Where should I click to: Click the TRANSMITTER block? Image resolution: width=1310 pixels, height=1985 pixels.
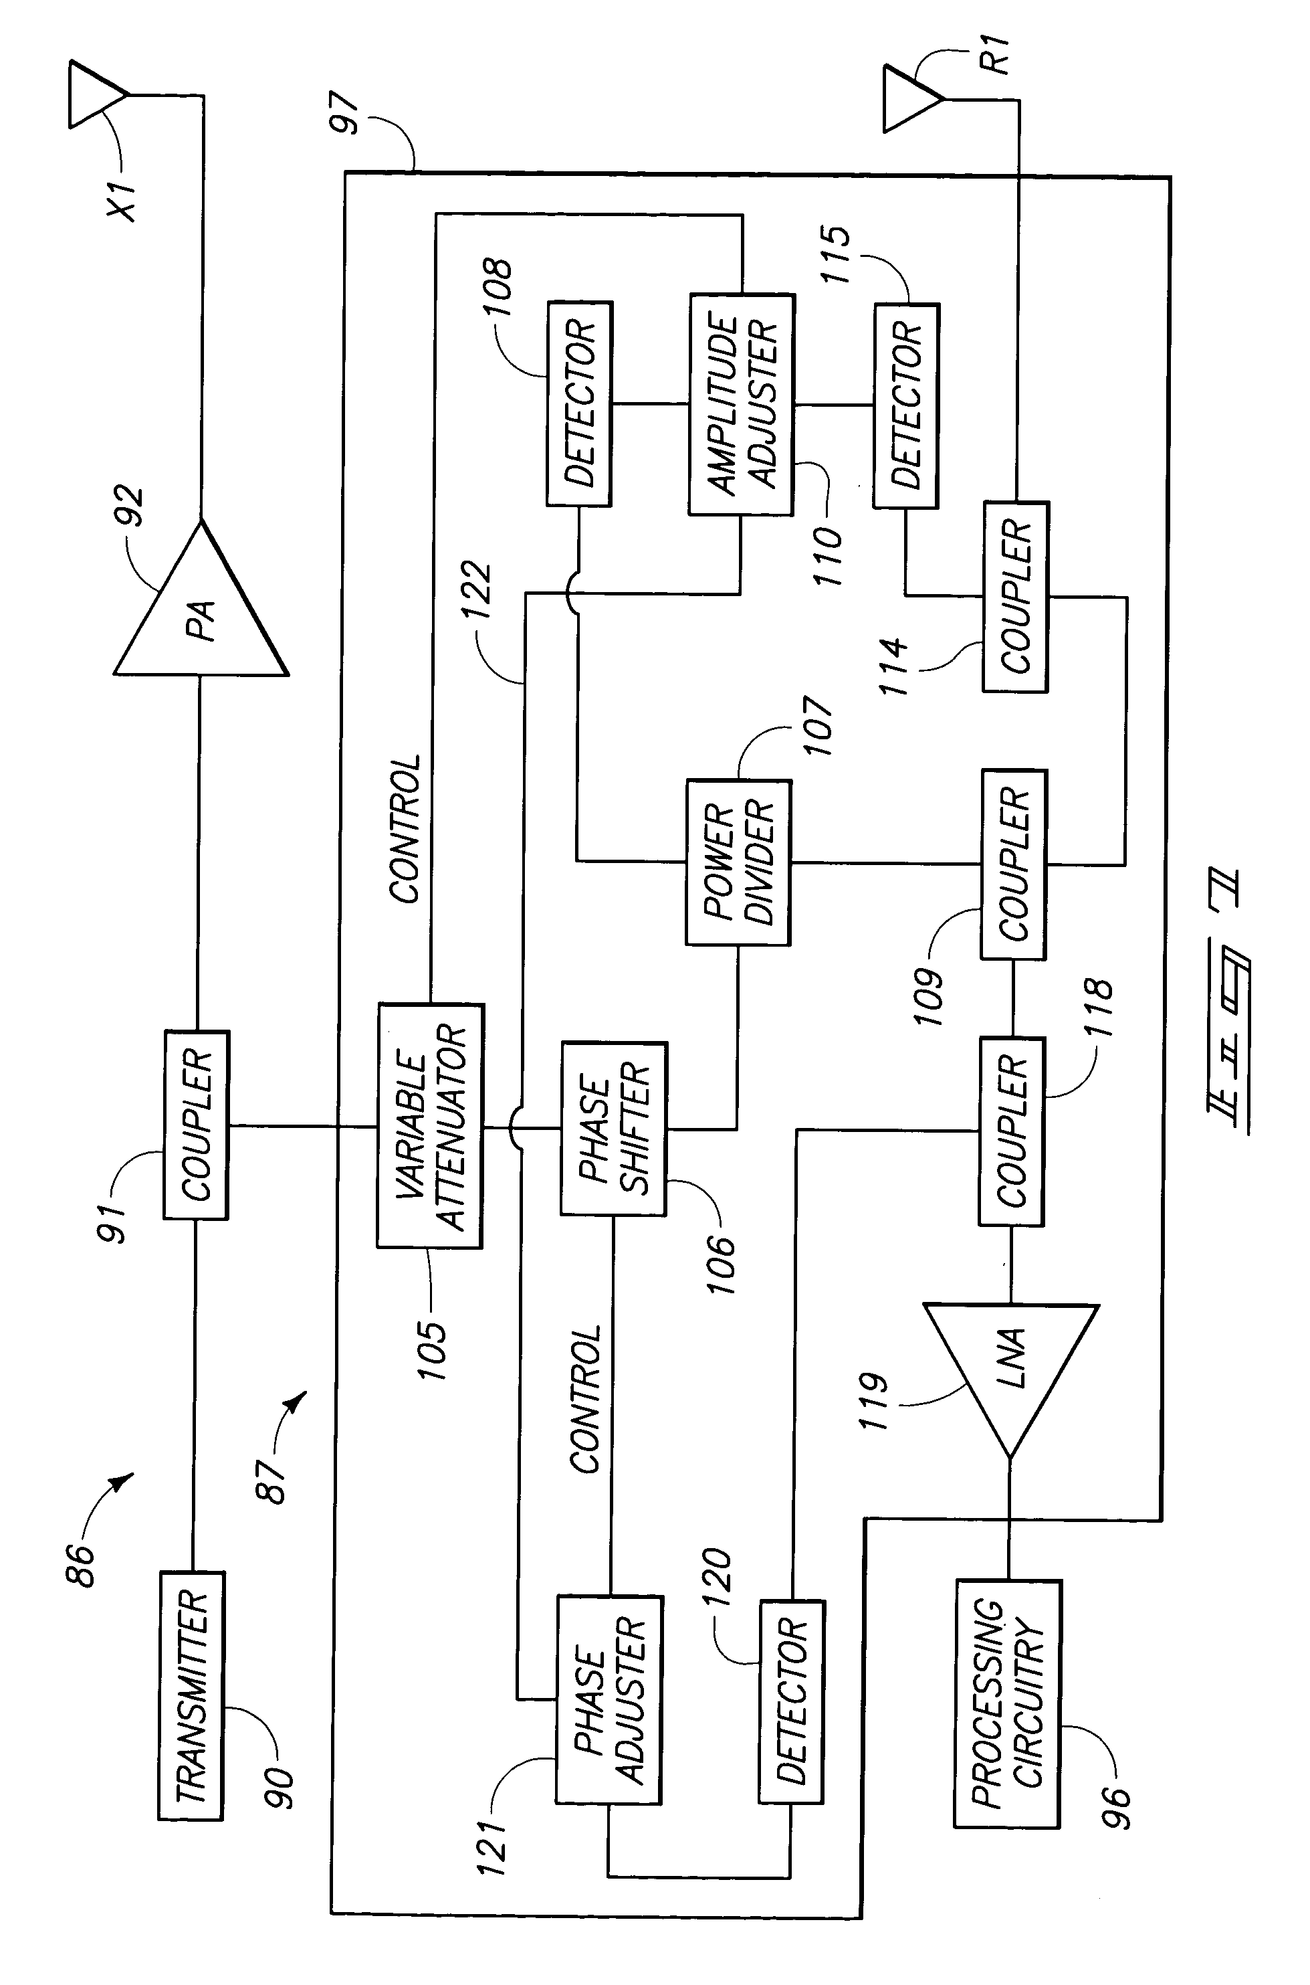click(191, 1696)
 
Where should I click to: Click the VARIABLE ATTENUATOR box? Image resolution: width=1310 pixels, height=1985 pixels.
click(430, 1126)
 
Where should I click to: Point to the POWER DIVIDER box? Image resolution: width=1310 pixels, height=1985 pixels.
click(738, 862)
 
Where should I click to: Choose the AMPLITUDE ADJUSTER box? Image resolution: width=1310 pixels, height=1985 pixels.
click(741, 403)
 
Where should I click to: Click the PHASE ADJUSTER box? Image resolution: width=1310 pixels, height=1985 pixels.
click(609, 1700)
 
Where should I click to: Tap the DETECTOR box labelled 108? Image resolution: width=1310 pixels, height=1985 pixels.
click(579, 403)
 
